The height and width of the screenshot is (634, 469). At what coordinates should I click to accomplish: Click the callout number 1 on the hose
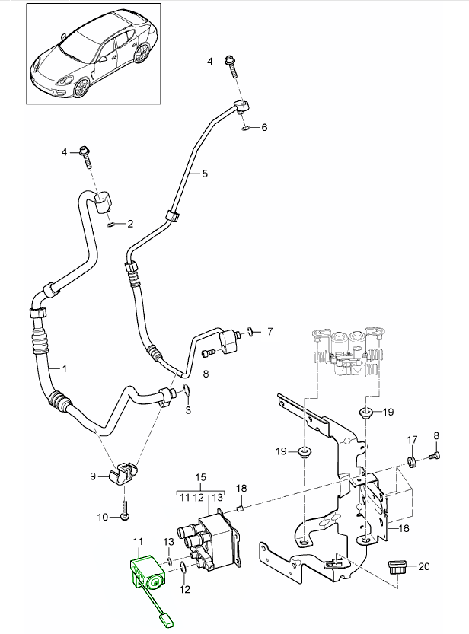(x=65, y=369)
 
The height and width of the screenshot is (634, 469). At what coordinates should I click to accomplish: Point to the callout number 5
(x=204, y=174)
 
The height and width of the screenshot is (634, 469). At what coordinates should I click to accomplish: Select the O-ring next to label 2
(x=112, y=225)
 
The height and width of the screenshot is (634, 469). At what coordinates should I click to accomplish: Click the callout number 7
(x=268, y=332)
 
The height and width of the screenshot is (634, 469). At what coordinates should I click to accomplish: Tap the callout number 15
(x=200, y=478)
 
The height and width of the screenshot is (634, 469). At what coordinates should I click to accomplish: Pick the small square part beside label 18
(x=240, y=509)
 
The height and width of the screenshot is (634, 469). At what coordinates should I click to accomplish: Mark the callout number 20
(x=424, y=566)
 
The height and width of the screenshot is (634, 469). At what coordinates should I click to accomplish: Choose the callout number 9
(x=94, y=477)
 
